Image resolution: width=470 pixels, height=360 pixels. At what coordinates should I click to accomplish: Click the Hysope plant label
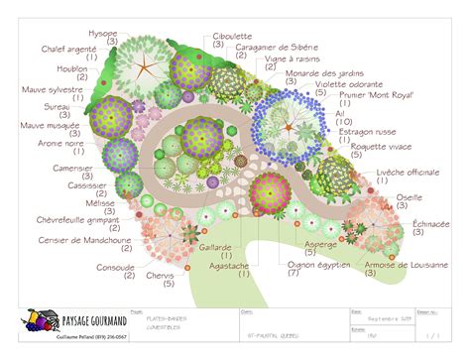(x=102, y=33)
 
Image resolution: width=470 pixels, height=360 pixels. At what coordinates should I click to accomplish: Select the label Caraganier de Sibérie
(x=282, y=47)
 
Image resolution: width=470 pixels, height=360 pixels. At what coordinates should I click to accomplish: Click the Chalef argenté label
(x=68, y=47)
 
